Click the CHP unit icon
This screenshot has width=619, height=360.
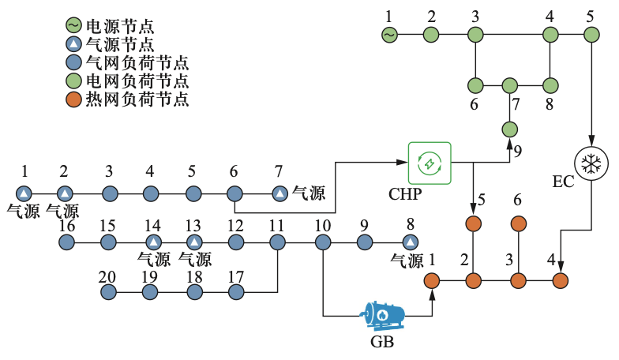point(429,163)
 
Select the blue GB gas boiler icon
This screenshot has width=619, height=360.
point(382,315)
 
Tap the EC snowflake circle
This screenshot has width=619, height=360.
point(588,164)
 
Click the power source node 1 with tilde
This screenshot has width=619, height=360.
point(388,35)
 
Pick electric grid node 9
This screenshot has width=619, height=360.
point(509,129)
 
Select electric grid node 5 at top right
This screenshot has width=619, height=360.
point(590,35)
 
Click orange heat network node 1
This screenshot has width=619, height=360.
point(432,279)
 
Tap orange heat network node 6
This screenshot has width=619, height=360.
point(518,223)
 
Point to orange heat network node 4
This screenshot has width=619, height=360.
point(561,279)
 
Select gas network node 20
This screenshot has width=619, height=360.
point(109,292)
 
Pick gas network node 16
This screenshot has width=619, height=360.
point(66,242)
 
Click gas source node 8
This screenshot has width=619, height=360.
point(409,242)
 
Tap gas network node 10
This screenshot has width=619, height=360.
point(322,242)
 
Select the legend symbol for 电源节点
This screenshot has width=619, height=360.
point(73,24)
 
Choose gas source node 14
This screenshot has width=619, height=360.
point(153,242)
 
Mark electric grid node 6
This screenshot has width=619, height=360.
point(475,84)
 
